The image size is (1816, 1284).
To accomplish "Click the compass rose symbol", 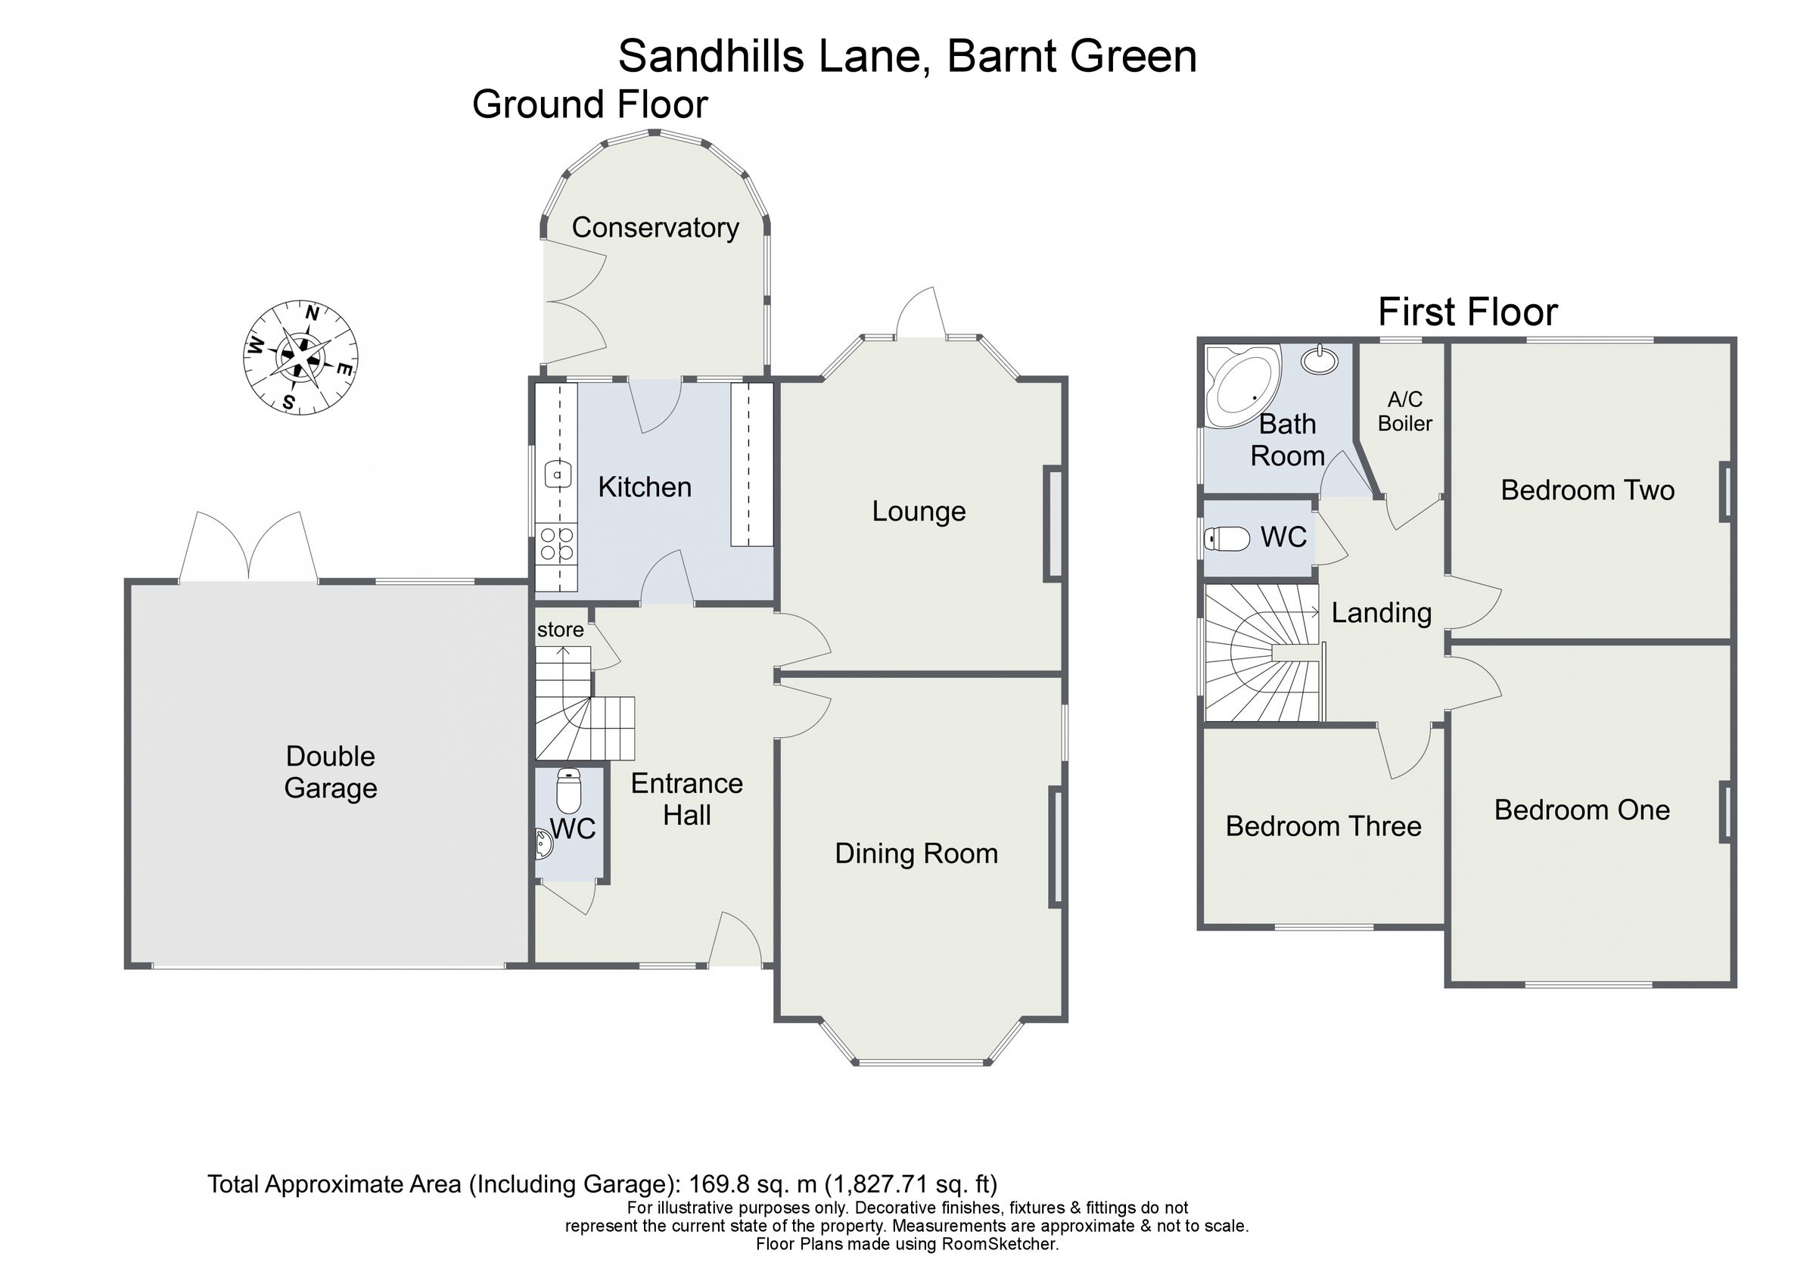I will pyautogui.click(x=300, y=357).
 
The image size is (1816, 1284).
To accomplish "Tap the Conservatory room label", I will pyautogui.click(x=655, y=228).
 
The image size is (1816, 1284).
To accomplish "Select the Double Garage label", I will pyautogui.click(x=331, y=773).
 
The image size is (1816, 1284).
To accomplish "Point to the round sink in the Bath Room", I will pyautogui.click(x=1320, y=360).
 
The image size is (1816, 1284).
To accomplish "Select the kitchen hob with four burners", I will pyautogui.click(x=557, y=543).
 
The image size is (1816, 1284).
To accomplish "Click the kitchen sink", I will pyautogui.click(x=558, y=474).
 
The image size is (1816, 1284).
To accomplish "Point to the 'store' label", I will pyautogui.click(x=560, y=630).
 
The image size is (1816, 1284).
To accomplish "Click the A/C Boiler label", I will pyautogui.click(x=1404, y=412).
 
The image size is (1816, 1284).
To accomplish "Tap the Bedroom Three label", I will pyautogui.click(x=1323, y=826).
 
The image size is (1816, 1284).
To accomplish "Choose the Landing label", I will pyautogui.click(x=1381, y=613).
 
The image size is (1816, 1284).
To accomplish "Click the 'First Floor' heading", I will pyautogui.click(x=1467, y=312).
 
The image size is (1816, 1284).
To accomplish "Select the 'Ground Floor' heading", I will pyautogui.click(x=589, y=105).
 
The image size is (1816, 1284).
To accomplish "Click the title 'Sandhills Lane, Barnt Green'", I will pyautogui.click(x=907, y=56).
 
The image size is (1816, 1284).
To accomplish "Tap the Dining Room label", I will pyautogui.click(x=916, y=853).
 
